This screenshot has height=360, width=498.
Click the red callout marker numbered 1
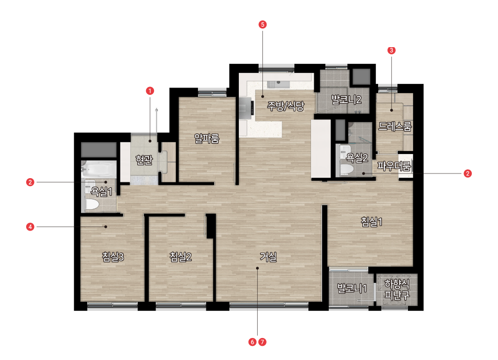pyautogui.click(x=150, y=91)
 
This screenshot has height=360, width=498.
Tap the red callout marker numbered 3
pyautogui.click(x=391, y=50)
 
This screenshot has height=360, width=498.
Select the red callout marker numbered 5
pyautogui.click(x=262, y=25)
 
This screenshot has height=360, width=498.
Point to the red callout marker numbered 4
pyautogui.click(x=30, y=227)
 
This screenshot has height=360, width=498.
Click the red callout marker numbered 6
pyautogui.click(x=252, y=342)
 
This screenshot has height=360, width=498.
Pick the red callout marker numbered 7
pyautogui.click(x=262, y=342)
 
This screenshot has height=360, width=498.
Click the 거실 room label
pyautogui.click(x=268, y=256)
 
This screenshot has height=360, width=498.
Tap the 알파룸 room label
pyautogui.click(x=207, y=138)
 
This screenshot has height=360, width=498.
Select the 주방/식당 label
pyautogui.click(x=285, y=105)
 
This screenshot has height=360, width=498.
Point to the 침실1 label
pyautogui.click(x=372, y=222)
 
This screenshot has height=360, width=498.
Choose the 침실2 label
pyautogui.click(x=180, y=256)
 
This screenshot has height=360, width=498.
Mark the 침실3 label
pyautogui.click(x=113, y=256)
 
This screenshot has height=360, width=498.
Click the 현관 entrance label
pyautogui.click(x=144, y=159)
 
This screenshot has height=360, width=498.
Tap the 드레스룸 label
pyautogui.click(x=395, y=126)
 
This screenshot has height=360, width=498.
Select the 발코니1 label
pyautogui.click(x=352, y=288)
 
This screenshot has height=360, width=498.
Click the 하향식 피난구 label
pyautogui.click(x=397, y=289)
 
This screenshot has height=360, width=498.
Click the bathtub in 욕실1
pyautogui.click(x=99, y=169)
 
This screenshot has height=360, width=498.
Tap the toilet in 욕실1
pyautogui.click(x=92, y=204)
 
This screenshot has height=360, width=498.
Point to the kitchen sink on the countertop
pyautogui.click(x=278, y=84)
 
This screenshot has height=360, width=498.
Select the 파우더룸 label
pyautogui.click(x=394, y=166)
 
